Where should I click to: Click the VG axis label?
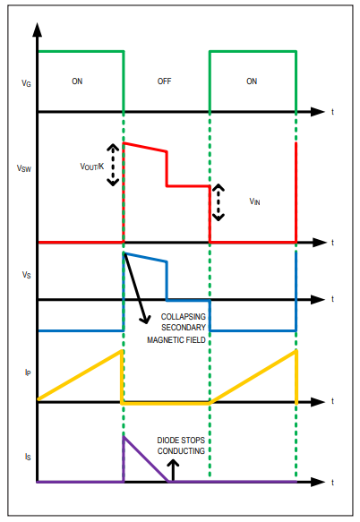(x=26, y=83)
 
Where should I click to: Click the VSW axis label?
(x=24, y=168)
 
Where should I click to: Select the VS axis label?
(x=26, y=275)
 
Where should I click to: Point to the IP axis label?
(x=28, y=372)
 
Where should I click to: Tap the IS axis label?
(x=28, y=457)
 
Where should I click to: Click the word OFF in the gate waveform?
(x=164, y=81)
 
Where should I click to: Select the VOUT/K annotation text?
(x=92, y=167)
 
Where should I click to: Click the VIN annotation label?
(x=254, y=201)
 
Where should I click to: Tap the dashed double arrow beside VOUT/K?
(x=113, y=165)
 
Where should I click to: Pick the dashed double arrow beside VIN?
(x=219, y=202)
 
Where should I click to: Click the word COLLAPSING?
(x=184, y=317)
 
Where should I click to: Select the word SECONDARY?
(x=184, y=328)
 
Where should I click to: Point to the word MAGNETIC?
(x=162, y=340)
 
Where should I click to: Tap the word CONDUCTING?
(x=181, y=451)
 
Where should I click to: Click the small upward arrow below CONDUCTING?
(x=173, y=470)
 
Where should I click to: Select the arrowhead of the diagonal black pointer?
(x=145, y=320)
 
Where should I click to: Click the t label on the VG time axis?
(x=332, y=112)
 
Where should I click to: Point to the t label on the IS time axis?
(x=332, y=482)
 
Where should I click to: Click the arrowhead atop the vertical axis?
(x=38, y=30)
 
